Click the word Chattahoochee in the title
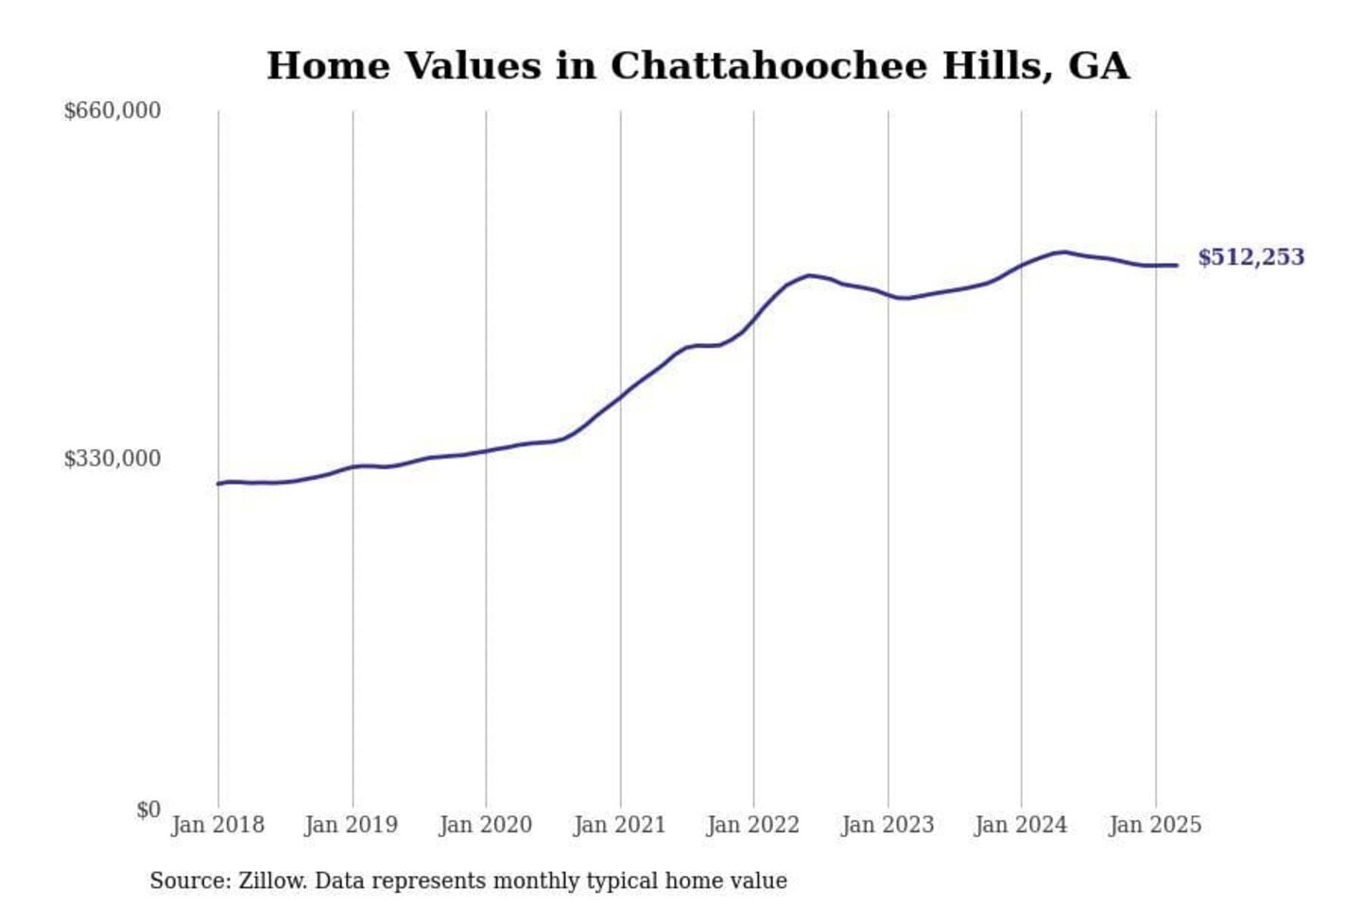coord(768,66)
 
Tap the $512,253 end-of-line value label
coord(1250,257)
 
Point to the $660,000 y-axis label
coord(112,111)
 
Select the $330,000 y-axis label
coord(112,459)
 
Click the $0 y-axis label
coord(148,810)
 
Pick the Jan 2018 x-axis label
coord(217,825)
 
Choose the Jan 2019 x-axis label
coord(352,825)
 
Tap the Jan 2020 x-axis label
coord(486,825)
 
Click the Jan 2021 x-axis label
coord(620,825)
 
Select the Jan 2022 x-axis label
coord(753,825)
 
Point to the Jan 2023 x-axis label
coord(887,825)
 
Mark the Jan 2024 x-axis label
coord(1021,825)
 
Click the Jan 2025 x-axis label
coord(1155,825)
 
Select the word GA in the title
coord(1098,66)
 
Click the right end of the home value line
coord(1177,265)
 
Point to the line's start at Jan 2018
coord(218,483)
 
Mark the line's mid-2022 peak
coord(809,275)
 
